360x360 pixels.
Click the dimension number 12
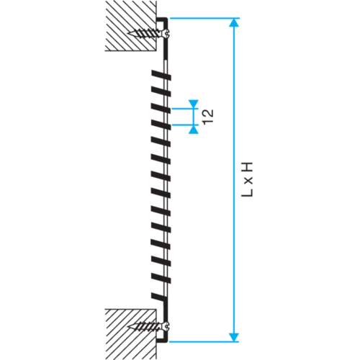[208, 117]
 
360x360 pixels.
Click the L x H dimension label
[247, 179]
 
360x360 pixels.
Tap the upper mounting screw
[149, 33]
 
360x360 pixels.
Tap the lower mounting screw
[149, 326]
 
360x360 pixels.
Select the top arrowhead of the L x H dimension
[234, 22]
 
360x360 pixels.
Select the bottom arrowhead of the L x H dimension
[234, 337]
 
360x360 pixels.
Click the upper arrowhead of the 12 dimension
[194, 104]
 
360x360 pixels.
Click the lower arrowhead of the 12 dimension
[194, 130]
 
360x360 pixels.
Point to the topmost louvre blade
[161, 75]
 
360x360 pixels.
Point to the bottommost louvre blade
[158, 297]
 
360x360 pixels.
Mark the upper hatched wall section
[131, 26]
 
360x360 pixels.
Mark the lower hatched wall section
[131, 334]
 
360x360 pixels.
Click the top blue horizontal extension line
[204, 18]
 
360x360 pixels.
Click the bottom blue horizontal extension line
[204, 341]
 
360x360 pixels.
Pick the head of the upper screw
[167, 33]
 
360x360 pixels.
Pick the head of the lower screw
[167, 326]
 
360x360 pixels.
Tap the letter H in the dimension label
[247, 167]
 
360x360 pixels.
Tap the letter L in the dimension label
[247, 193]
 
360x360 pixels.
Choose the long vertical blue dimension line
[234, 180]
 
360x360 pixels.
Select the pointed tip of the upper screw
[127, 33]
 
